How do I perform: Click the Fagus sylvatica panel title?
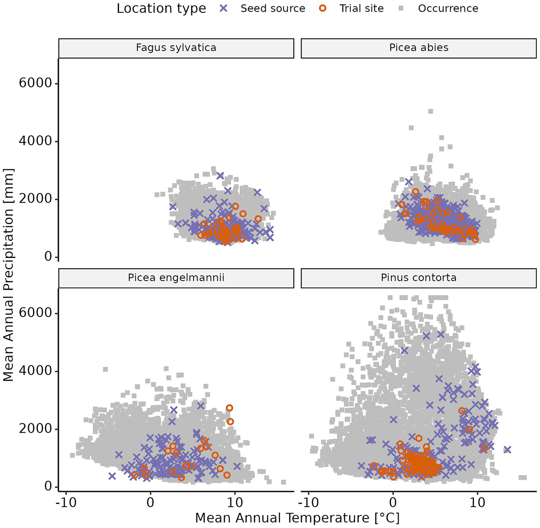click(176, 48)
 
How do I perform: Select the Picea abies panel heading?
click(419, 48)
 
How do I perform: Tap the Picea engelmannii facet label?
click(176, 278)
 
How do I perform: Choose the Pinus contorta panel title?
click(419, 278)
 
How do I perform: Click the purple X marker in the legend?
click(224, 8)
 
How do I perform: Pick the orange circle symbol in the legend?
click(323, 8)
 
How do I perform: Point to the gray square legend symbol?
click(401, 8)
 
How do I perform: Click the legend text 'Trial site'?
click(361, 8)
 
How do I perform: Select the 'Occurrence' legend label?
click(448, 8)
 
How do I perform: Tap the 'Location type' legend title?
click(161, 8)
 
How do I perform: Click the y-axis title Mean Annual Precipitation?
click(8, 275)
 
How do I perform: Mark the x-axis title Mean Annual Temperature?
click(297, 518)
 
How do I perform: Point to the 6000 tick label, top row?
click(35, 83)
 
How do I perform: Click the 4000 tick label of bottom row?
click(35, 371)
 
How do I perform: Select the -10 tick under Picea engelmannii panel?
click(66, 502)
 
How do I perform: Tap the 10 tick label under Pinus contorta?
click(477, 502)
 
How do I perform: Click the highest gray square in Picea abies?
click(431, 112)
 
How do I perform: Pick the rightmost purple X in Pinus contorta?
click(507, 450)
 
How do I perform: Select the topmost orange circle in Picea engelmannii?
click(229, 408)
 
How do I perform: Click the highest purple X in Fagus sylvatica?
click(220, 176)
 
